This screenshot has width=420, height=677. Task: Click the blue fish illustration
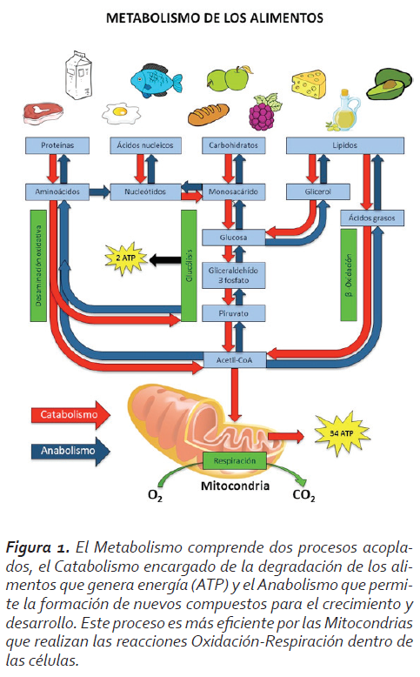[157, 80]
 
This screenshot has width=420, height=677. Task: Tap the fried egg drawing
[121, 113]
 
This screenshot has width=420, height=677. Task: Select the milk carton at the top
[78, 75]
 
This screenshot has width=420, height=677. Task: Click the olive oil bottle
[344, 111]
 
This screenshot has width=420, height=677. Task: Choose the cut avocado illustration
[390, 84]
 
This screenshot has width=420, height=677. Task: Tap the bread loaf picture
[209, 114]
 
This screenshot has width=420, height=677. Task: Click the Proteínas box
[57, 145]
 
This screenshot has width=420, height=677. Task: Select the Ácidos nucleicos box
[145, 145]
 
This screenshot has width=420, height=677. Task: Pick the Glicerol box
[318, 191]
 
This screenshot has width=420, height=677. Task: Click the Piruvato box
[234, 313]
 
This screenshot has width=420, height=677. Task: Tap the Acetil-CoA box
[235, 360]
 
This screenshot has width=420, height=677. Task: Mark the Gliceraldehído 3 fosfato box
[234, 276]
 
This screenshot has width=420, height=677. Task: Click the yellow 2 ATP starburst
[125, 258]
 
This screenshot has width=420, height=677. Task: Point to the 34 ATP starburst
[342, 433]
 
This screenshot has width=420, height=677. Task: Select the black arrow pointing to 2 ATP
[164, 260]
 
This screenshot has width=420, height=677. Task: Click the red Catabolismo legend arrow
[70, 415]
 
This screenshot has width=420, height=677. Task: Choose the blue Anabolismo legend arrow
[70, 452]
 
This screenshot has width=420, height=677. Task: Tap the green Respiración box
[235, 460]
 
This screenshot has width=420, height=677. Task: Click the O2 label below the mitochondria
[155, 495]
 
